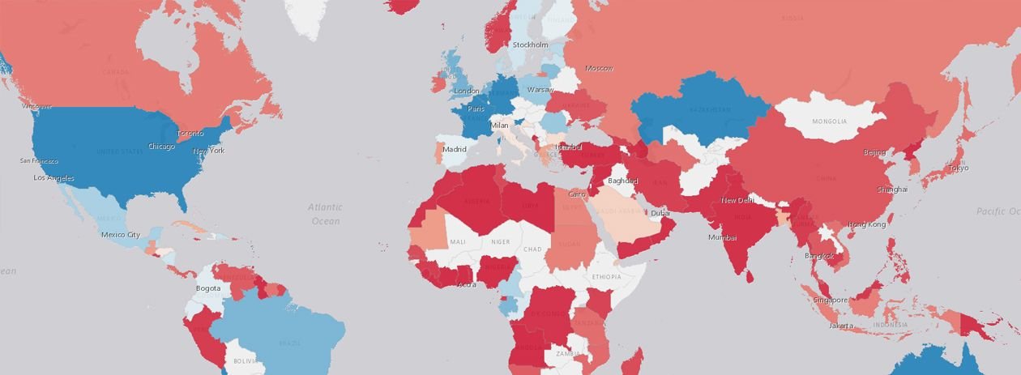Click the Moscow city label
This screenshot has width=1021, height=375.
point(599,68)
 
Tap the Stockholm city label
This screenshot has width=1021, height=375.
point(530,45)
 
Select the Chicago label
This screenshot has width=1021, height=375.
point(161,147)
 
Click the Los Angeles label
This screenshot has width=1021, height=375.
point(53,178)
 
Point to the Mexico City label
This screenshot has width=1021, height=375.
point(121,235)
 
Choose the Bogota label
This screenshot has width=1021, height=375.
point(208,288)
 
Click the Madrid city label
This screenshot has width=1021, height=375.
point(455,149)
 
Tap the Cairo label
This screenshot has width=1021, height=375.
point(577,194)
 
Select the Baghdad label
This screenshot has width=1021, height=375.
point(622,181)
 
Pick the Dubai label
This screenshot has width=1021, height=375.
point(660,213)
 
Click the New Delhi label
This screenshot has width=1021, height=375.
point(738,200)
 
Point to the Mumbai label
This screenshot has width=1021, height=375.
point(722,237)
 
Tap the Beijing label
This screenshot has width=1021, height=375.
point(874,152)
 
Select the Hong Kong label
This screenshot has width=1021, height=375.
point(867,224)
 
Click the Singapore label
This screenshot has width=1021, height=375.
point(831,300)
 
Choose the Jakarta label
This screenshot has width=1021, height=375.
point(841,326)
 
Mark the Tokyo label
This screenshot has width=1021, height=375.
point(958,168)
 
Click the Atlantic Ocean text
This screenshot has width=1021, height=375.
point(325,214)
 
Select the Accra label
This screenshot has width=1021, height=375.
point(467,284)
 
